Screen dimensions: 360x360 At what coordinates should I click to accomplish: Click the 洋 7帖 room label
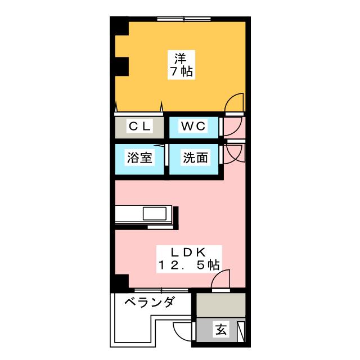[x=181, y=65]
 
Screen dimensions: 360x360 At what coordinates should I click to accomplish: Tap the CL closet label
[x=139, y=126]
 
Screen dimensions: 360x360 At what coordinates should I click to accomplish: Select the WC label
[x=193, y=126]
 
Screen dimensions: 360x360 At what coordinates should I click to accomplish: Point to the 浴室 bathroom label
[x=139, y=157]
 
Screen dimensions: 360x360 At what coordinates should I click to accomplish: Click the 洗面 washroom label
[x=195, y=157]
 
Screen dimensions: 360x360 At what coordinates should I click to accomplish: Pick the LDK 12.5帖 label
[x=189, y=259]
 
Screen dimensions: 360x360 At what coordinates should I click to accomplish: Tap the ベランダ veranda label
[x=149, y=301]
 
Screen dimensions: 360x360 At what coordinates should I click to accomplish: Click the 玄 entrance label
[x=221, y=330]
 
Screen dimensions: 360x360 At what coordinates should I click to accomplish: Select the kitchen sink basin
[x=155, y=214]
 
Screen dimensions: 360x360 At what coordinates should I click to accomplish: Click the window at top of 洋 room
[x=184, y=19]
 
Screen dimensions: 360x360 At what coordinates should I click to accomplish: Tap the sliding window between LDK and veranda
[x=161, y=290]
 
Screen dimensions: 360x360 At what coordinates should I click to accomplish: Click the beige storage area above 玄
[x=221, y=305]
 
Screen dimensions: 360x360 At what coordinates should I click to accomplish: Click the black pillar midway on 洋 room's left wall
[x=121, y=66]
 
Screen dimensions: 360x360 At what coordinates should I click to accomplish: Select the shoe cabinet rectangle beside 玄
[x=241, y=331]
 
